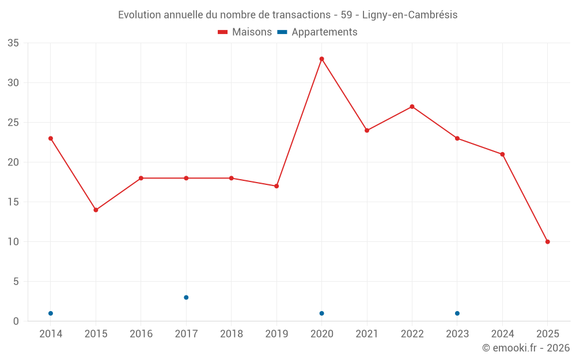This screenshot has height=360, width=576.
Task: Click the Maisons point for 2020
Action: coord(321,59)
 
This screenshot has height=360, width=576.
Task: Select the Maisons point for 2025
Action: coord(547,242)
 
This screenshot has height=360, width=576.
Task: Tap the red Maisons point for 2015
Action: coord(96,210)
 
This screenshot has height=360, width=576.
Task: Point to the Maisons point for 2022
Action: coord(412,107)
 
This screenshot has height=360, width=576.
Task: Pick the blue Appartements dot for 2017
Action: coord(186,297)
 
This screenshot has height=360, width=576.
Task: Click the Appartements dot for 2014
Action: coord(51,313)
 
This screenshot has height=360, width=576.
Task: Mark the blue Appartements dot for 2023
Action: coord(457,313)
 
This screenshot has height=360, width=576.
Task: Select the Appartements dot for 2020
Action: coord(321,313)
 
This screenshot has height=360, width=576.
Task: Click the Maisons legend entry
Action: coord(245,32)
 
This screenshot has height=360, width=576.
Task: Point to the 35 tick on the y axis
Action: coord(13,43)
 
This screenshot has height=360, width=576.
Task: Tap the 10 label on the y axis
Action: coord(13,242)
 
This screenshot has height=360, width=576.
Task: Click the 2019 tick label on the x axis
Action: coord(276,334)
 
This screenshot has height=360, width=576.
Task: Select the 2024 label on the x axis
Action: coord(502,334)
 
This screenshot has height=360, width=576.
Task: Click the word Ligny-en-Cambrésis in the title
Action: coord(410,15)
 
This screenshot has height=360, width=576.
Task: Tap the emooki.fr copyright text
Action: coord(525,348)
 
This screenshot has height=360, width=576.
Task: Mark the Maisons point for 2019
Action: coord(276,186)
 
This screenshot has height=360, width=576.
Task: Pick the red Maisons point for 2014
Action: coord(51,138)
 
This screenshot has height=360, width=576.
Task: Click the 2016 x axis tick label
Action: coord(141,334)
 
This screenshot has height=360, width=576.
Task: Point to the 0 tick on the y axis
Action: coord(16,321)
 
